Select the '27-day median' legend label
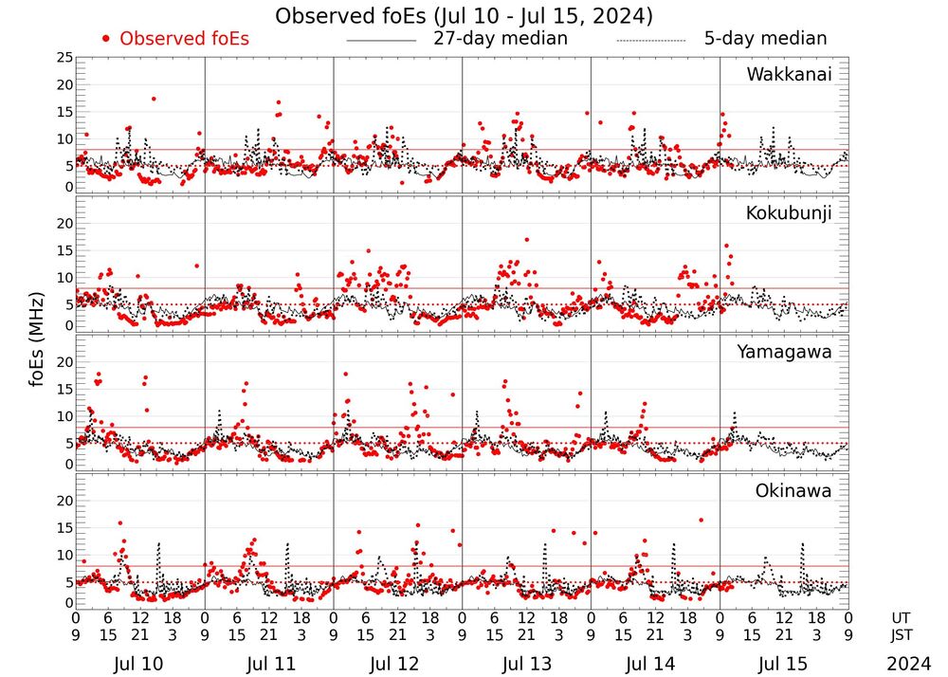point(500,39)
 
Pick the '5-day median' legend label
point(765,39)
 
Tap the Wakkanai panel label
point(789,75)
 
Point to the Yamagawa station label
point(784,352)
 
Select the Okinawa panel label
point(793,491)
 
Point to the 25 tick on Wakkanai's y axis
point(64,58)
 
